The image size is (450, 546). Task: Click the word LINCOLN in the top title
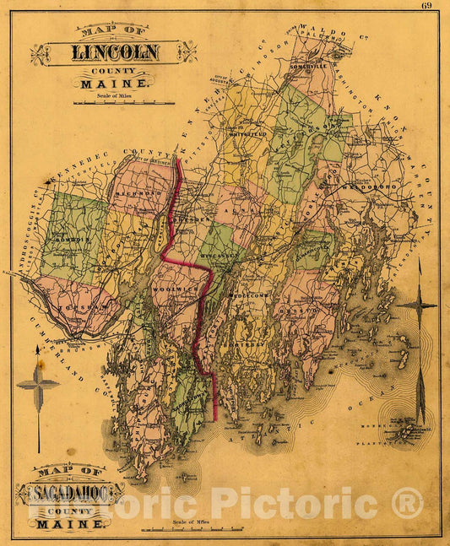click(x=114, y=53)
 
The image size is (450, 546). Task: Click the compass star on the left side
click(x=38, y=385)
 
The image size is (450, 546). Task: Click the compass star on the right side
click(x=417, y=305)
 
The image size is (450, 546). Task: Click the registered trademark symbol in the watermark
click(x=406, y=504)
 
